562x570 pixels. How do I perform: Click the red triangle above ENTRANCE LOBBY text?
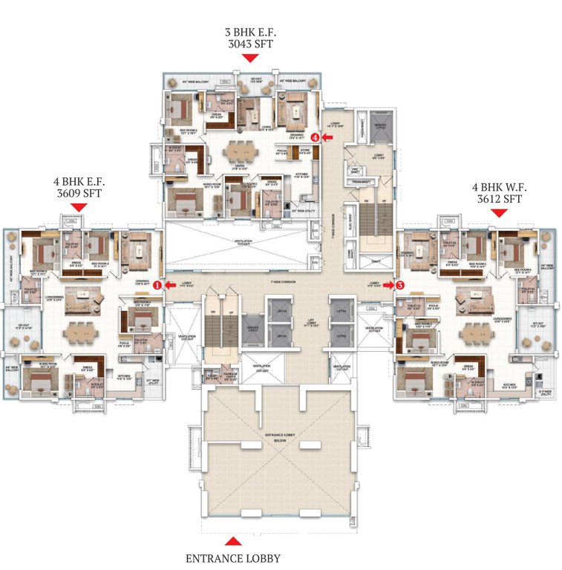click(233, 540)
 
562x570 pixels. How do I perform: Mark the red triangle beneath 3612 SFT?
click(498, 212)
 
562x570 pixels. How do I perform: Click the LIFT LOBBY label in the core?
click(310, 324)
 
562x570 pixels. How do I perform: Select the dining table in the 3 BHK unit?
click(239, 151)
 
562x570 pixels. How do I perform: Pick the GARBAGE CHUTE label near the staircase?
click(229, 376)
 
